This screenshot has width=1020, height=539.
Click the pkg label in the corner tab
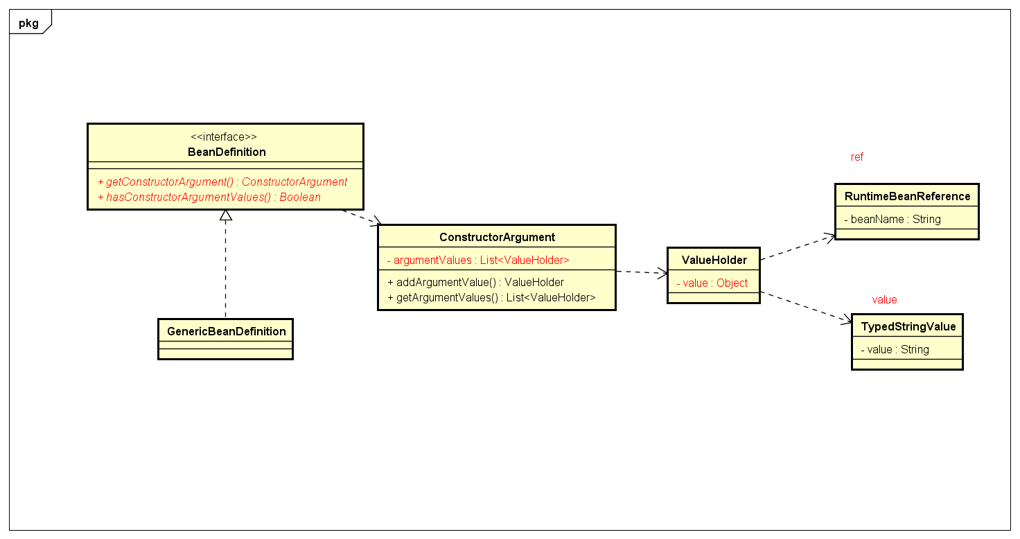(28, 23)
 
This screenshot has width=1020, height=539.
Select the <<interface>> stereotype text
(224, 137)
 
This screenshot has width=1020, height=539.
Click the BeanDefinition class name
(227, 152)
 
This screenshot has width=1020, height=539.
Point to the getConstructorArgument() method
(222, 182)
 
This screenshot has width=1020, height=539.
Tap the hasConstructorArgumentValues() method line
(209, 197)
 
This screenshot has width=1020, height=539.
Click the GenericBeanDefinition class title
(226, 331)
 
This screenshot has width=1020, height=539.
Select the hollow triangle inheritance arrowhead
(225, 215)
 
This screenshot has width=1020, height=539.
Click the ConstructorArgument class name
(497, 237)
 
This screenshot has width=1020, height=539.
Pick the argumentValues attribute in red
(478, 260)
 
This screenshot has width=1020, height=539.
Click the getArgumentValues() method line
(491, 297)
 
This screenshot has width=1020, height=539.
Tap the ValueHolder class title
(714, 260)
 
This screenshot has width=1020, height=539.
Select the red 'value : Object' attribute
(712, 283)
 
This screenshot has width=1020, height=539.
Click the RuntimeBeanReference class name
(907, 196)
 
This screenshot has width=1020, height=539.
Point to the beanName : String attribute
(892, 219)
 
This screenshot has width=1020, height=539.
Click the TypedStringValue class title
(908, 326)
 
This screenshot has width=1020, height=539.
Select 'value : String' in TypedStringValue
(895, 349)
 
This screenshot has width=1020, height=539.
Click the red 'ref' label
(857, 157)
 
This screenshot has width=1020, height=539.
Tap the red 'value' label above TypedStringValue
(884, 300)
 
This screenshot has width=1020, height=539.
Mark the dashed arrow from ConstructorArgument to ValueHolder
(641, 272)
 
